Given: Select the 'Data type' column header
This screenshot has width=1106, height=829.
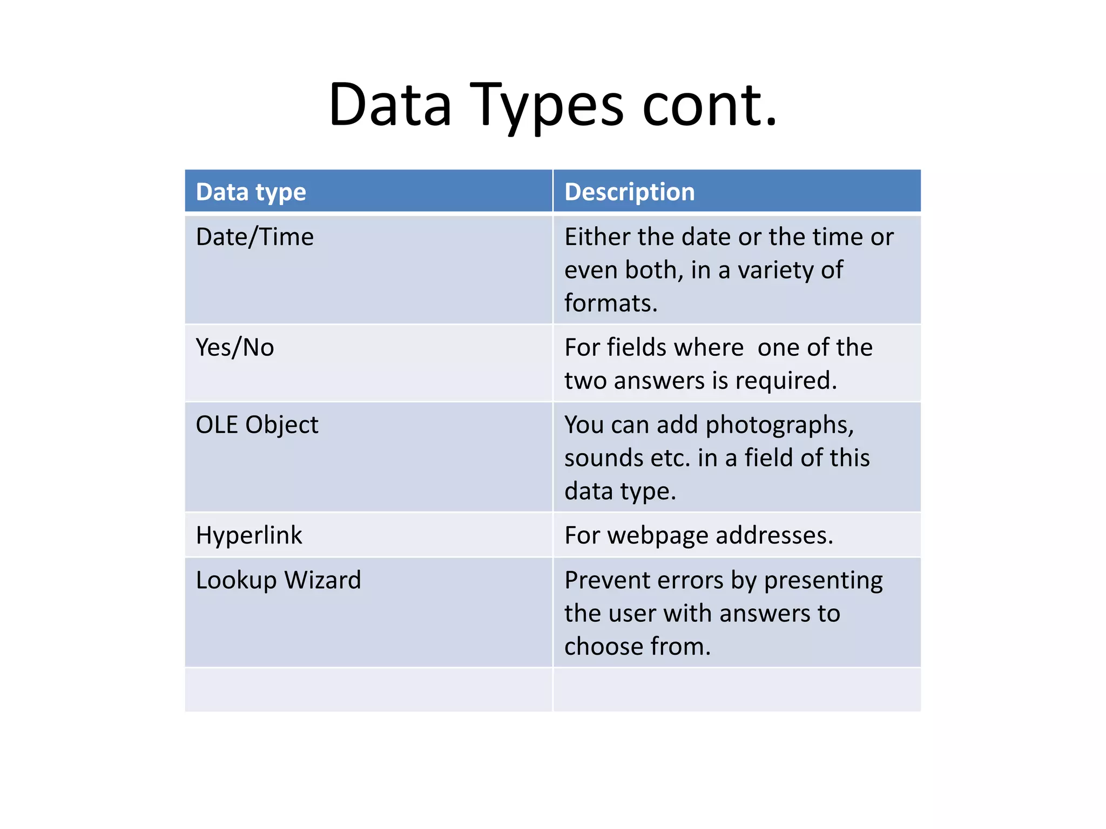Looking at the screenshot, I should (251, 192).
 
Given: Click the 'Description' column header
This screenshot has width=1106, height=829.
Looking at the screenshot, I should (630, 192).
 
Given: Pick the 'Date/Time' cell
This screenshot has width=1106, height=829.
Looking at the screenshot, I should (254, 237).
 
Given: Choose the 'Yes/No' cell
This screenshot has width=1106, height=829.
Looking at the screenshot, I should (235, 348).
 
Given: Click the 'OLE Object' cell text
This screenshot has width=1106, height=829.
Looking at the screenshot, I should (257, 425).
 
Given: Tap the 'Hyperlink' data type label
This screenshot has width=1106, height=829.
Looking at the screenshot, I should (249, 535).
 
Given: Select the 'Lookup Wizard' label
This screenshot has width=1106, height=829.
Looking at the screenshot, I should (278, 580).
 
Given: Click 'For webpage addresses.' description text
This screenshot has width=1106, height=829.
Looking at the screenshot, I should (699, 535).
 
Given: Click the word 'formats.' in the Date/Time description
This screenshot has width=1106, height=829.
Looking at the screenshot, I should (611, 303).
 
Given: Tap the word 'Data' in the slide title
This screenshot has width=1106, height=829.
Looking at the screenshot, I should (390, 106).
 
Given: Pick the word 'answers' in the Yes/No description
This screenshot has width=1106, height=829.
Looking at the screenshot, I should (659, 380).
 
